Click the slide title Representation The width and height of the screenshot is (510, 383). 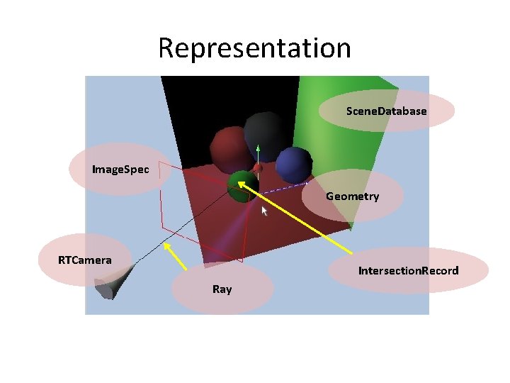point(254,48)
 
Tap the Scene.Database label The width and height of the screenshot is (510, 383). point(386,111)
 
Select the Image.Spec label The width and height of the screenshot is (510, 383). point(120,170)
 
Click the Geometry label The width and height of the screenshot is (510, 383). point(352,196)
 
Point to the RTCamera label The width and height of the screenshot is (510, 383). point(85,260)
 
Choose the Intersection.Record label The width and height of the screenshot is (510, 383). point(408,271)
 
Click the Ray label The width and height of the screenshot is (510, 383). point(222,289)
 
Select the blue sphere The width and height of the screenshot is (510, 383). point(293,164)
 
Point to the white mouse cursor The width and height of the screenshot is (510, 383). point(266,211)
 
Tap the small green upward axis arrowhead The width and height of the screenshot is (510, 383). point(259,149)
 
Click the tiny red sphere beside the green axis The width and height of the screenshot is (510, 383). point(259,168)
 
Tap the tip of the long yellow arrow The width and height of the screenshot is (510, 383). point(239,183)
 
